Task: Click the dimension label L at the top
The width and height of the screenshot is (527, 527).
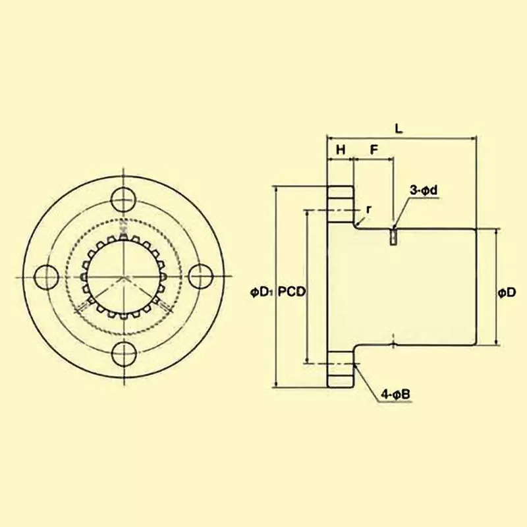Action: point(399,129)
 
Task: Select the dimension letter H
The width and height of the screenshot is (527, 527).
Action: point(341,150)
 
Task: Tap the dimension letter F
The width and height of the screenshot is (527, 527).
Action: point(374,150)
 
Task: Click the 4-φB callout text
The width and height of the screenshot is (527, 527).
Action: point(396,395)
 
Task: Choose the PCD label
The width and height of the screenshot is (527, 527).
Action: point(291,292)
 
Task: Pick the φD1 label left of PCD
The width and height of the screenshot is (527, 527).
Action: point(262,292)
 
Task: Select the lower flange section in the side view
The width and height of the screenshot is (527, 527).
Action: point(340,373)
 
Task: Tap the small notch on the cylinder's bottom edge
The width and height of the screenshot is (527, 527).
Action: point(393,344)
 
